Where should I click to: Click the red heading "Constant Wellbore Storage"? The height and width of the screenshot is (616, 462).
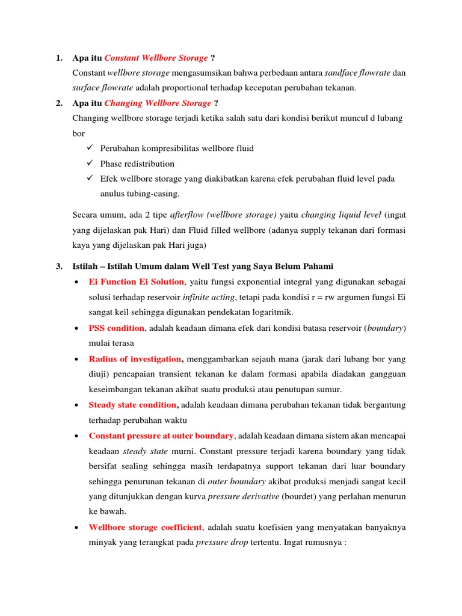(x=156, y=58)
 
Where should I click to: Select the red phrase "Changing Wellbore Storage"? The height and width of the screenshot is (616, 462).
(x=158, y=103)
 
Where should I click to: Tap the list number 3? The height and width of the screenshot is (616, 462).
(x=58, y=266)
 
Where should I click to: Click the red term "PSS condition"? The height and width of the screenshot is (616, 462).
(x=116, y=328)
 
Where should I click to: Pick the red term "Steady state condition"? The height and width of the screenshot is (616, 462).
(x=134, y=404)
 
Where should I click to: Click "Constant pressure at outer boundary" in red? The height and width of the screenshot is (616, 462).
(x=161, y=436)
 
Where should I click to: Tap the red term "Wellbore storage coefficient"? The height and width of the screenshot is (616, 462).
(x=145, y=528)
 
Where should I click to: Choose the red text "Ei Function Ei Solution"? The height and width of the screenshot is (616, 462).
(x=136, y=282)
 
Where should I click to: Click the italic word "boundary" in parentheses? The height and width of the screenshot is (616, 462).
(x=385, y=328)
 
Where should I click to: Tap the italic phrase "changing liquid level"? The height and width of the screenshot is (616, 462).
(x=341, y=215)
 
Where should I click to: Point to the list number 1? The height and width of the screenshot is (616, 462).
(x=58, y=58)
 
